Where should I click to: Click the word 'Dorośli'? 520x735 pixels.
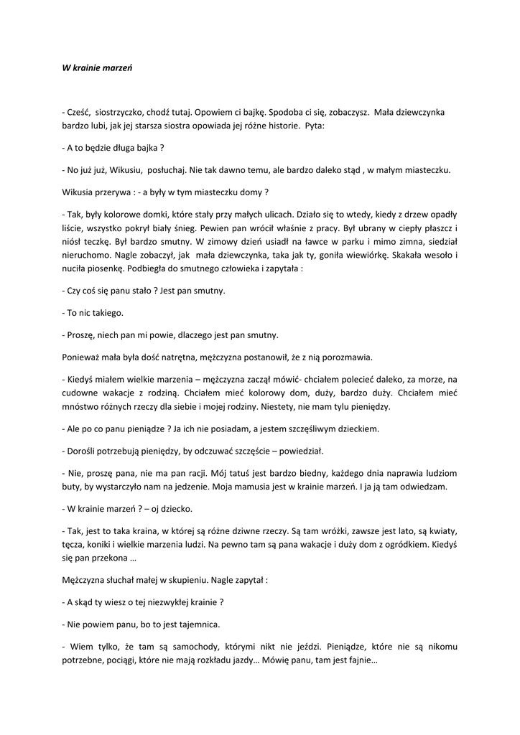tap(83, 451)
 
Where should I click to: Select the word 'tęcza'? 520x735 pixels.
tap(75, 545)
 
